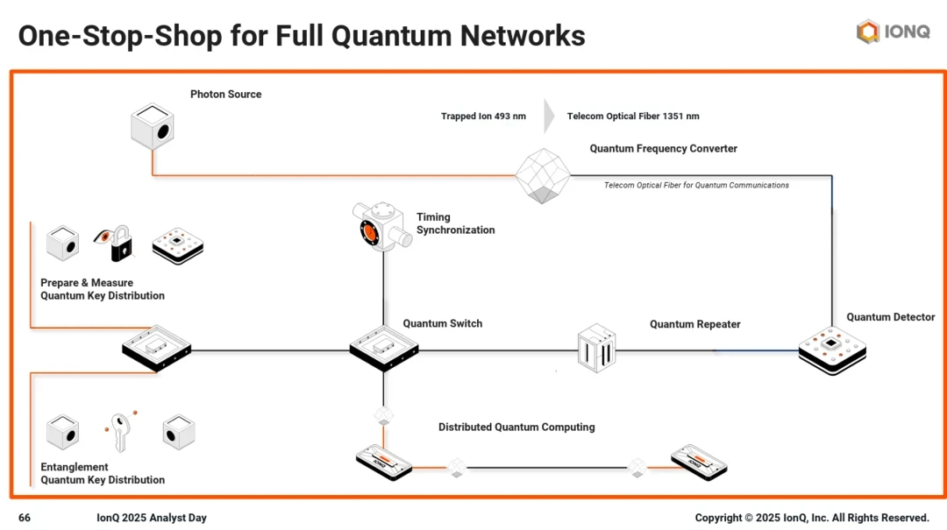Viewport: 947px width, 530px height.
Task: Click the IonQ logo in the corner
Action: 893,32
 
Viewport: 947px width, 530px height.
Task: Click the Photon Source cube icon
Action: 153,126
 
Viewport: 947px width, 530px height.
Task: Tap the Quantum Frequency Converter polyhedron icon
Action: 542,175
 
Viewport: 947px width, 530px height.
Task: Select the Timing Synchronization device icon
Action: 381,226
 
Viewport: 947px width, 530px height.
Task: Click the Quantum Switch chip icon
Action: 383,348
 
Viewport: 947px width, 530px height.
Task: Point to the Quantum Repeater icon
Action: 596,348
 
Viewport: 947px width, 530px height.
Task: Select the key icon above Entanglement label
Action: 119,432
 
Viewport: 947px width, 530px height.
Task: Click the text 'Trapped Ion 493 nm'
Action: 483,116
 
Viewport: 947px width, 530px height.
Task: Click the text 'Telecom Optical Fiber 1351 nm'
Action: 633,116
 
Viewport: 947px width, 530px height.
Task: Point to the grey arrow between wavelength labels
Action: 549,116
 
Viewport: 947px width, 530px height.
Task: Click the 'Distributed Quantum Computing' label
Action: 516,428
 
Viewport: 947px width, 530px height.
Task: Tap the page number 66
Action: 25,518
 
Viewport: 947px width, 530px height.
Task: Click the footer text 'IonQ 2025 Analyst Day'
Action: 152,518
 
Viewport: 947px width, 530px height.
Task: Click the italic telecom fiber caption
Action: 696,185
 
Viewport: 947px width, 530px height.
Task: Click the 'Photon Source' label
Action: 225,95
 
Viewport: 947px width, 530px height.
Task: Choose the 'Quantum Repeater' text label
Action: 694,324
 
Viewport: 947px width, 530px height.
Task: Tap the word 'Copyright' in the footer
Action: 717,518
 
